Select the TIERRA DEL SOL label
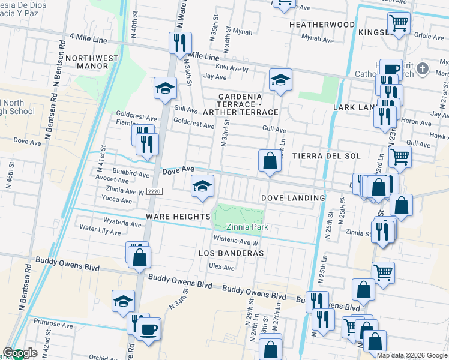[326, 156]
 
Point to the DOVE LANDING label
[293, 198]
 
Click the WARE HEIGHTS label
[175, 215]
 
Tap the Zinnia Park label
[247, 227]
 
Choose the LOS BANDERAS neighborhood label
[231, 253]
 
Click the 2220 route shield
[154, 191]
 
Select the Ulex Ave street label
[221, 267]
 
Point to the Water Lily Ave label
[100, 230]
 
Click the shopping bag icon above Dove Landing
[270, 161]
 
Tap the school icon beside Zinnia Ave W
[203, 186]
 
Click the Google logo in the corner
[20, 353]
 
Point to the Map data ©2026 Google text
[412, 355]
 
